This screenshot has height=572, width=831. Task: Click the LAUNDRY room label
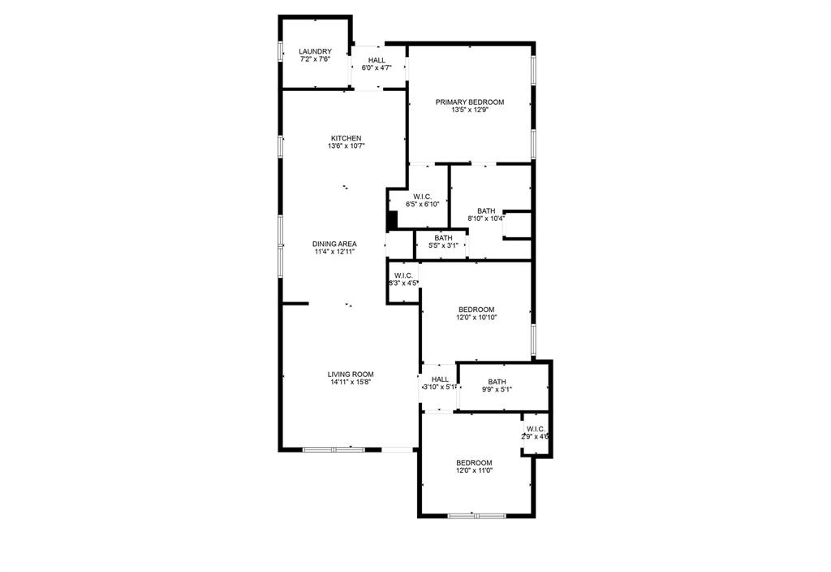[x=315, y=51]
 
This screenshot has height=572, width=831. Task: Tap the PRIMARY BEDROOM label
[x=469, y=102]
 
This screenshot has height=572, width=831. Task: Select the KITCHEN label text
[x=346, y=138]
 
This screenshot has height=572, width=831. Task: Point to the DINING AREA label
[x=335, y=244]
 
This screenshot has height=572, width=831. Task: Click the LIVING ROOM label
[x=351, y=375]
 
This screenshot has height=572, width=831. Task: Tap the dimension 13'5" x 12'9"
[x=469, y=110]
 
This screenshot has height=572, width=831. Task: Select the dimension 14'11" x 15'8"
[x=351, y=383]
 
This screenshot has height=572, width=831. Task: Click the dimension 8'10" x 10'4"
[x=486, y=218]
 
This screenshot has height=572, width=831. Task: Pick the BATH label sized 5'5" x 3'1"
[x=443, y=238]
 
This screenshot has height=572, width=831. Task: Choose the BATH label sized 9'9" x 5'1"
[x=497, y=382]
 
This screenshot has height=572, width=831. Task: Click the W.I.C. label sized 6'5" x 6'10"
[x=422, y=197]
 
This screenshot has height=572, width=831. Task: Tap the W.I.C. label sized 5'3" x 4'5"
[x=403, y=276]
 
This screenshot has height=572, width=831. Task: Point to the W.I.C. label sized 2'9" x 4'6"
[x=536, y=429]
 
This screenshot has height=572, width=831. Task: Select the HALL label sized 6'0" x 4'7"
[x=377, y=60]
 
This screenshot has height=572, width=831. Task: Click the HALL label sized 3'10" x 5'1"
[x=440, y=379]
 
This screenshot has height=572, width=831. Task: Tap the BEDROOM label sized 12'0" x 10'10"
[x=476, y=310]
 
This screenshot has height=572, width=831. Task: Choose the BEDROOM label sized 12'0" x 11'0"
[x=474, y=463]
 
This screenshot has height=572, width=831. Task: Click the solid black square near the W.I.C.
[x=392, y=221]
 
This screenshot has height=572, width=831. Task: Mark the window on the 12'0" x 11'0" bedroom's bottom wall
[x=476, y=515]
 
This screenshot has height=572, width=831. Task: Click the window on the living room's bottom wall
[x=333, y=448]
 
